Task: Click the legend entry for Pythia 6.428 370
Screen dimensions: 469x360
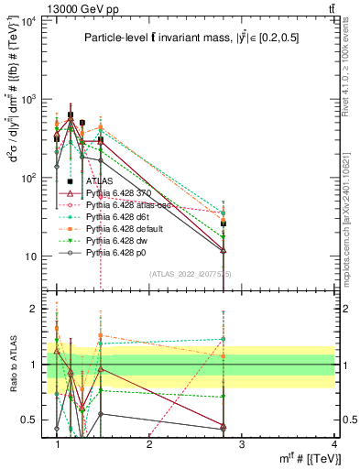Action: [117, 194]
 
